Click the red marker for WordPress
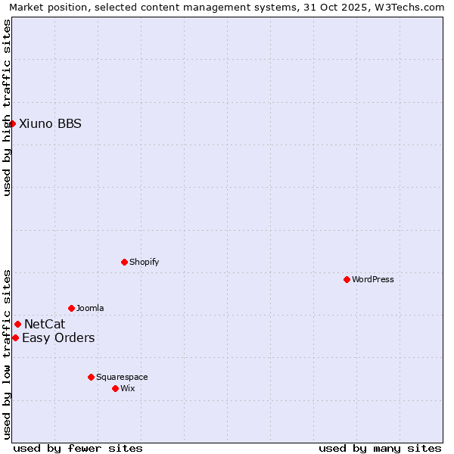point(347,279)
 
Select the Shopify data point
point(124,262)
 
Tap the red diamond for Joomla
point(71,308)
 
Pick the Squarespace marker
point(91,377)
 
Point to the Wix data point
point(115,388)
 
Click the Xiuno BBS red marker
point(12,123)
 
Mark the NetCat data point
point(17,324)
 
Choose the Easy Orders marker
point(15,337)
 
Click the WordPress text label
point(372,279)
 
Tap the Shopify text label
point(144,262)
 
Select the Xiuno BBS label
point(50,123)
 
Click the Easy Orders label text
point(58,337)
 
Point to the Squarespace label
point(122,377)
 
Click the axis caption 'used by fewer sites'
point(78,448)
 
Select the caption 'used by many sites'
point(380,448)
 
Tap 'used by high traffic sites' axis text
point(7,107)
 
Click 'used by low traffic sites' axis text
point(7,353)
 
